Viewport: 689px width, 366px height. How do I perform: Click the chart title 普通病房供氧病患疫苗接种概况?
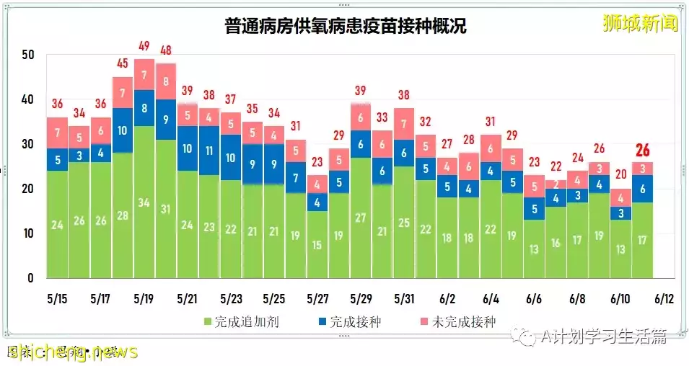coord(344,27)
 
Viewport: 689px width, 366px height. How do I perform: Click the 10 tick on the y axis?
coord(28,233)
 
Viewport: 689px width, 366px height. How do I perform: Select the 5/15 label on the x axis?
coord(57,298)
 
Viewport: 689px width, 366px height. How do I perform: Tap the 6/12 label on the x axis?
coord(664,298)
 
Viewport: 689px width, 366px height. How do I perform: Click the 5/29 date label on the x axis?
coord(361,298)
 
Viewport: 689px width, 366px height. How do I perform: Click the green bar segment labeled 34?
coord(144,202)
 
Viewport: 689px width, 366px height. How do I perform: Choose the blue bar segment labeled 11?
coord(210,151)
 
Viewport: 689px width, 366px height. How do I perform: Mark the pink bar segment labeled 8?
coord(166,81)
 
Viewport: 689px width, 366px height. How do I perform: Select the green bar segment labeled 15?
coord(317,244)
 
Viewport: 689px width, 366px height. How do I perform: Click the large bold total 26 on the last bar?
coord(642,151)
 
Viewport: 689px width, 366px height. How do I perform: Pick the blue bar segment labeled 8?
coord(144,108)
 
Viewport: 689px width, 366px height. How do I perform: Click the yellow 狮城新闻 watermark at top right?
coord(641,24)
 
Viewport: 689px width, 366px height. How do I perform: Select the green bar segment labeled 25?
coord(404,222)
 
